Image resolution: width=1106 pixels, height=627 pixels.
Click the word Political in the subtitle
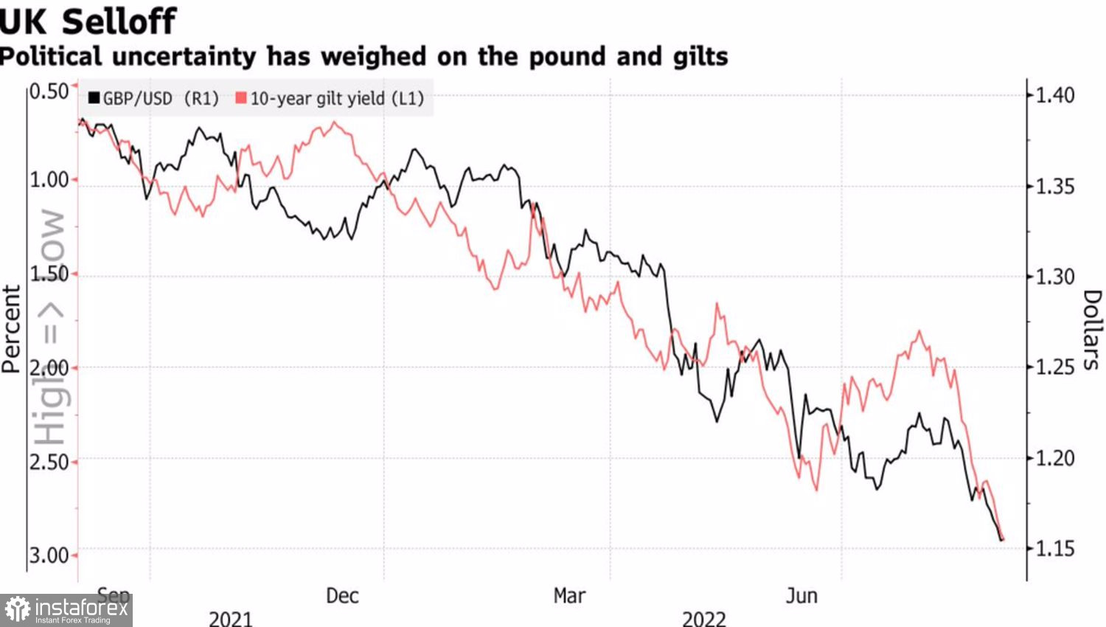click(51, 57)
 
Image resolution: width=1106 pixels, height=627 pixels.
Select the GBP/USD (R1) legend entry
click(153, 99)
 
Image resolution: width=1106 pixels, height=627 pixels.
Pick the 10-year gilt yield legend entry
click(330, 99)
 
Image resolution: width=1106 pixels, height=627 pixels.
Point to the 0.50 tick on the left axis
click(49, 91)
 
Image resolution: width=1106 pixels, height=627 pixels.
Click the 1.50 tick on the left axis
click(49, 274)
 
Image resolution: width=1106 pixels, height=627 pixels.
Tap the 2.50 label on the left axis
click(49, 463)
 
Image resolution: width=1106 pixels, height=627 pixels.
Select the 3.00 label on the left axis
click(49, 555)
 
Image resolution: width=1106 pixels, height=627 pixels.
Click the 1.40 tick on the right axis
click(1055, 95)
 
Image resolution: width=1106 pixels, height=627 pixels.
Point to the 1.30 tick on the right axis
click(1055, 277)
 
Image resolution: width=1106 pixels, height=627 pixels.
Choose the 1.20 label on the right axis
click(1055, 459)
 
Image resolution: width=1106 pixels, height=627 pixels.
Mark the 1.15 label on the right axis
click(1055, 549)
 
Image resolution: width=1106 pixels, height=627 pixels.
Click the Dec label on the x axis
click(342, 596)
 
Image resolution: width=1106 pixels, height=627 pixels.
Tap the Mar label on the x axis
click(569, 596)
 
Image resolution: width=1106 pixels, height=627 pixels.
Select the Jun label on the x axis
click(801, 596)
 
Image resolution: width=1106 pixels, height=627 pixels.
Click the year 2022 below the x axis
click(704, 618)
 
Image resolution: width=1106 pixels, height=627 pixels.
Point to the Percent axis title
click(11, 329)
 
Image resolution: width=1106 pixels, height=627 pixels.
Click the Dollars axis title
click(1092, 329)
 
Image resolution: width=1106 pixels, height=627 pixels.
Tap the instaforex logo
click(66, 610)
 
